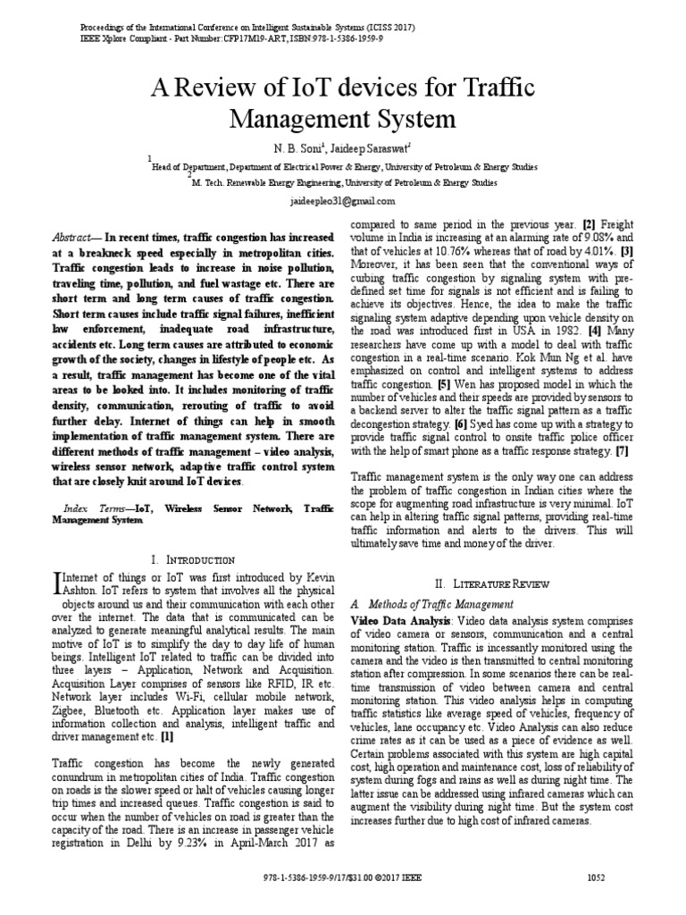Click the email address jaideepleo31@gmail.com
pyautogui.click(x=343, y=202)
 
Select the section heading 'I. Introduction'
pyautogui.click(x=193, y=559)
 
